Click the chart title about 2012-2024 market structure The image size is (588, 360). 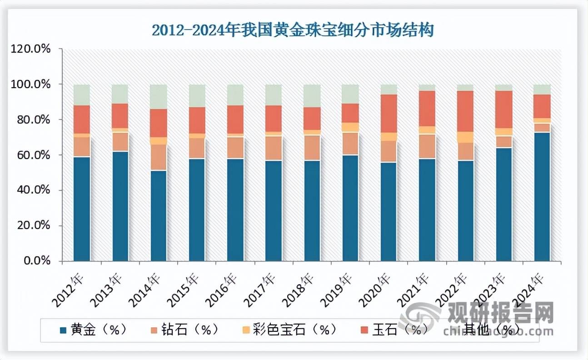pyautogui.click(x=293, y=30)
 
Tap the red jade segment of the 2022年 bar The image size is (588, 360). pyautogui.click(x=466, y=111)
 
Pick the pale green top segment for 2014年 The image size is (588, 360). pyautogui.click(x=159, y=96)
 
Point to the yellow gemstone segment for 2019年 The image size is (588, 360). pyautogui.click(x=350, y=127)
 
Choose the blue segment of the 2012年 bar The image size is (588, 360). pyautogui.click(x=82, y=209)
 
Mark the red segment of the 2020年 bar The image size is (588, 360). pyautogui.click(x=389, y=113)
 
